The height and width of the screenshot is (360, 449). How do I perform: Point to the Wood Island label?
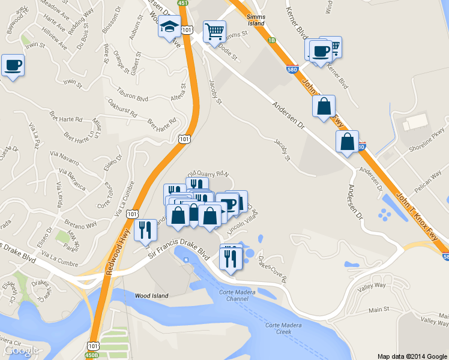click(151, 295)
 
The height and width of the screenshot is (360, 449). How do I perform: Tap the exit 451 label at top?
click(182, 2)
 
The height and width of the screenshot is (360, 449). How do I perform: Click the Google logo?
click(21, 350)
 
